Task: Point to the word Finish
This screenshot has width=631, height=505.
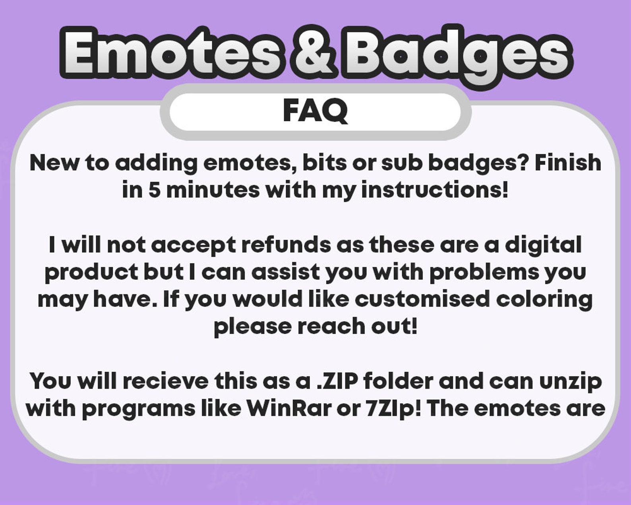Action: pyautogui.click(x=568, y=163)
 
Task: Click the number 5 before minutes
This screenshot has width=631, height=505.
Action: pyautogui.click(x=154, y=190)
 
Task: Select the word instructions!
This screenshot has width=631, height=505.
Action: pyautogui.click(x=435, y=190)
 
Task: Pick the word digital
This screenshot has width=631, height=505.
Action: pyautogui.click(x=543, y=245)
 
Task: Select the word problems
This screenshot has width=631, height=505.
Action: pyautogui.click(x=484, y=272)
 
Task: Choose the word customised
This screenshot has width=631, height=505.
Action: pyautogui.click(x=422, y=299)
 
